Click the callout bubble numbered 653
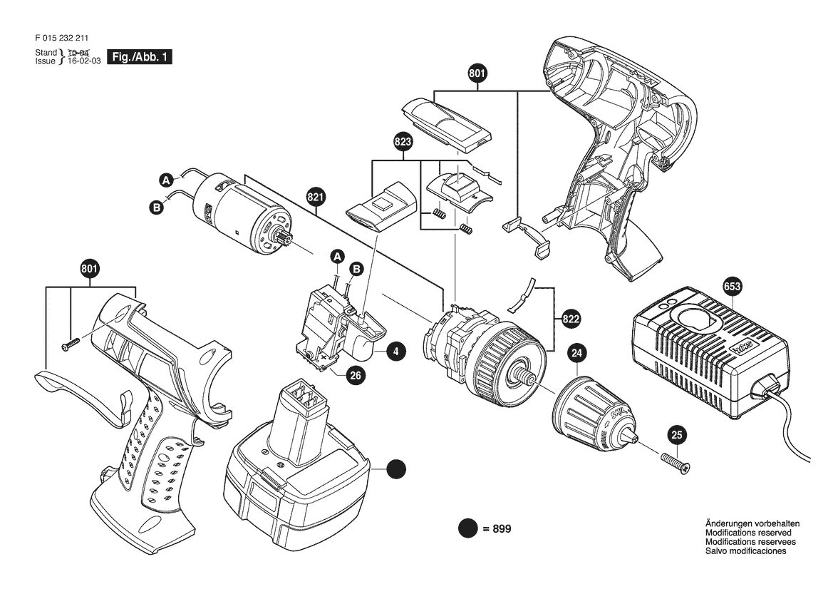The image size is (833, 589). [732, 287]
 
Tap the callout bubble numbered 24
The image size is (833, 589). [577, 352]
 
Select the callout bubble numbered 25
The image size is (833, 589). [677, 436]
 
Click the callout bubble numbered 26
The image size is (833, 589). [356, 375]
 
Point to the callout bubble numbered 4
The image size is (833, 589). [396, 352]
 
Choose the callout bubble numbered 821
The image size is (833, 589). [316, 198]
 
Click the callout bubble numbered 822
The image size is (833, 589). [571, 319]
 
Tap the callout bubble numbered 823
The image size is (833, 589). [403, 141]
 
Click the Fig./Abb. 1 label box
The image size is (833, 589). [140, 57]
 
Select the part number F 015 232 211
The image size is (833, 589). [61, 38]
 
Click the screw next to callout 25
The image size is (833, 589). [675, 462]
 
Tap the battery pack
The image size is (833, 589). [296, 468]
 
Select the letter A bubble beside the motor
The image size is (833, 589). [166, 180]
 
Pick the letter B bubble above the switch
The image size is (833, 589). [357, 269]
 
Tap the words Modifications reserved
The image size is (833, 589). [748, 533]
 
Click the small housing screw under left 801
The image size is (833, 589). [70, 344]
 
